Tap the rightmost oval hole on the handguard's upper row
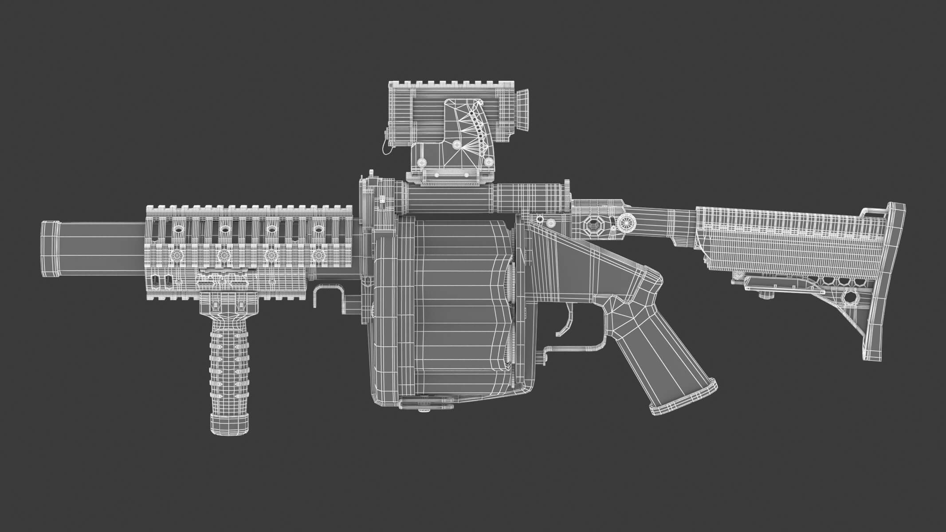click(x=318, y=229)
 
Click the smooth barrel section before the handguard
click(x=102, y=250)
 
